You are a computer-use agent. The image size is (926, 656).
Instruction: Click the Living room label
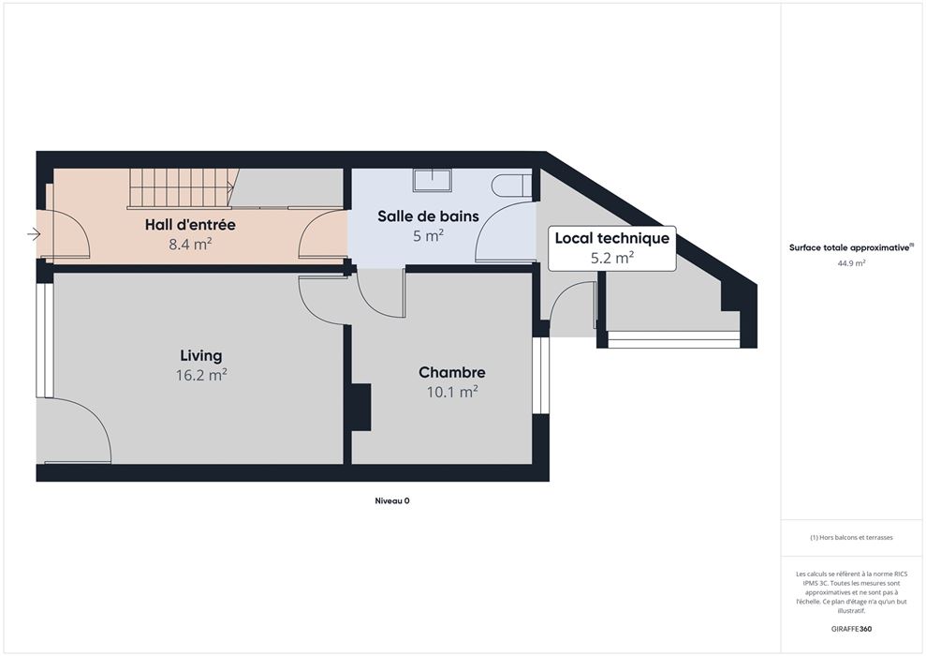(x=200, y=356)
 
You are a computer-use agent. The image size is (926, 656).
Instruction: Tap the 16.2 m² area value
(x=200, y=375)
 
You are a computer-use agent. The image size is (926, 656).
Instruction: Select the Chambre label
(x=452, y=372)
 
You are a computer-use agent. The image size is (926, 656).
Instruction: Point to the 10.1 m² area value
(x=452, y=392)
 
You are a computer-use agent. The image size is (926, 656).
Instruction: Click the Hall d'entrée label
(x=190, y=225)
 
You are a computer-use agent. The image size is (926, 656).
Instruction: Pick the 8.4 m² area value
(x=190, y=244)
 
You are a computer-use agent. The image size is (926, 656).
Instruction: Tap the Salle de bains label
(x=428, y=216)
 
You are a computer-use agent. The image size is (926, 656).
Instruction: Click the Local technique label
(x=611, y=238)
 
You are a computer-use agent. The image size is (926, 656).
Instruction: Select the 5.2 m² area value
(x=611, y=258)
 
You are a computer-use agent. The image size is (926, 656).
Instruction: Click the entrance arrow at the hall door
(x=34, y=234)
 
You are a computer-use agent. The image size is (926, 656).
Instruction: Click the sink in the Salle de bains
(x=433, y=180)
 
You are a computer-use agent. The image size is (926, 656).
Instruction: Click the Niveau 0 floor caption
(x=392, y=500)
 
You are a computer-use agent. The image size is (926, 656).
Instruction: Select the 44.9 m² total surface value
(x=851, y=263)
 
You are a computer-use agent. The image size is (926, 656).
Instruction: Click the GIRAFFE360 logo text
(x=851, y=629)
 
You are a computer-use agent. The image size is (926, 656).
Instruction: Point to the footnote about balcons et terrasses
(x=851, y=538)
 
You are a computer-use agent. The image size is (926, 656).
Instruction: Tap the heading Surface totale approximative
(x=849, y=247)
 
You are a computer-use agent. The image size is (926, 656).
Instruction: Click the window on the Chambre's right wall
(x=540, y=375)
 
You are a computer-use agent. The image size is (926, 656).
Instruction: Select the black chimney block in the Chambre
(x=361, y=407)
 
